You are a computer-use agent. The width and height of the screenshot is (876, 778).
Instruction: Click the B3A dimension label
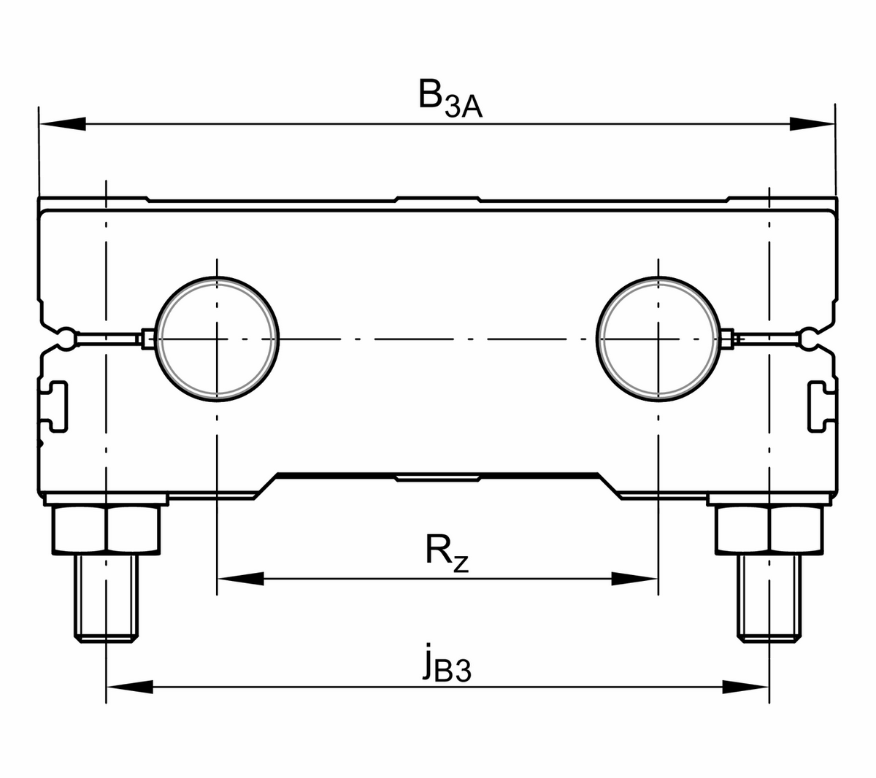(x=450, y=98)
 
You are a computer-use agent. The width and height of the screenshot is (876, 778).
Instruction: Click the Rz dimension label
(x=447, y=553)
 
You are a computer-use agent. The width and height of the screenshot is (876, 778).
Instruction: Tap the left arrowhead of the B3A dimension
(x=62, y=124)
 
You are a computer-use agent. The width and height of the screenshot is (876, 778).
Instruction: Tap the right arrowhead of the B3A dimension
(x=812, y=124)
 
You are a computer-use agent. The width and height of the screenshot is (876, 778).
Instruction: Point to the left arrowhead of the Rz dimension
(x=240, y=579)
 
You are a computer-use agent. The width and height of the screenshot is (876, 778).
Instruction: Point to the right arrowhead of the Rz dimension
(x=634, y=579)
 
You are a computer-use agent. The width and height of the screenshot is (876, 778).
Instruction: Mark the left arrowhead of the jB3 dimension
(x=130, y=687)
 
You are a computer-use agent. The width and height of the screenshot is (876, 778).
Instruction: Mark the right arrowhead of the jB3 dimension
(x=746, y=687)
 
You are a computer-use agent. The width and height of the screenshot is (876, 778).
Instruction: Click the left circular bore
(x=217, y=339)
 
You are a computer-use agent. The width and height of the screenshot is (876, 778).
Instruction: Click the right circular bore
(x=658, y=339)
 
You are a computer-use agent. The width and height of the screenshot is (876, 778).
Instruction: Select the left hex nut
(x=107, y=530)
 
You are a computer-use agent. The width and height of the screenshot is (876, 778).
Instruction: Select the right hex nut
(x=769, y=530)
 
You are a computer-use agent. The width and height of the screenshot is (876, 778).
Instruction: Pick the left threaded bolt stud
(x=107, y=598)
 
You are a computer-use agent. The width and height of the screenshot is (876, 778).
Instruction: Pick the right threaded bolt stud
(x=769, y=598)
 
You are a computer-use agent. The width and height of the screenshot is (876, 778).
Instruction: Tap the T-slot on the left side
(x=54, y=407)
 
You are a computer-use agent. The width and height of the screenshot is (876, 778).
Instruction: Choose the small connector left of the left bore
(x=148, y=339)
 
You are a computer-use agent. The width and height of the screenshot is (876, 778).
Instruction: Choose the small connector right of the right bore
(x=727, y=339)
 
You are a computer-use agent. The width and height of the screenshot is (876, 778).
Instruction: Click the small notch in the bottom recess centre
(x=438, y=478)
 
